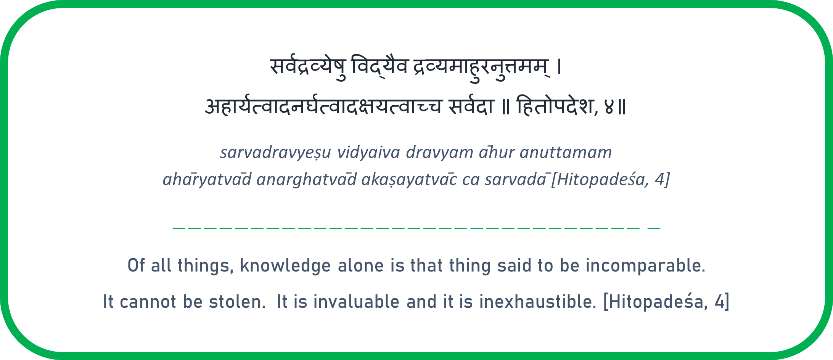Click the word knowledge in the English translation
pyautogui.click(x=285, y=266)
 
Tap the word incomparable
pyautogui.click(x=645, y=266)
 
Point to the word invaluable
pyautogui.click(x=356, y=302)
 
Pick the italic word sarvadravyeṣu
pyautogui.click(x=275, y=153)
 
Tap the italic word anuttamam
pyautogui.click(x=566, y=153)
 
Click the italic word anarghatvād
pyautogui.click(x=307, y=179)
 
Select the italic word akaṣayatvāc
pyautogui.click(x=409, y=179)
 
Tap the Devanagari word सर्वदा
pyautogui.click(x=471, y=106)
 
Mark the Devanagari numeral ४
pyautogui.click(x=609, y=107)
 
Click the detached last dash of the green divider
pyautogui.click(x=654, y=228)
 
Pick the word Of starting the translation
pyautogui.click(x=136, y=265)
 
